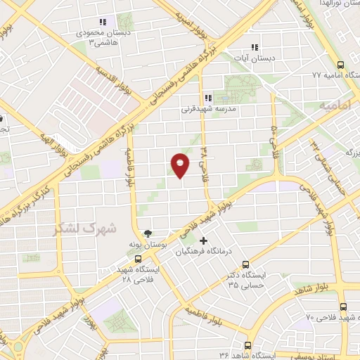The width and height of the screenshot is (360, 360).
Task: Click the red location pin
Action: pos(181,165)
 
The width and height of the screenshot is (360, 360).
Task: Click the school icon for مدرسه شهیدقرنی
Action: pos(207,98)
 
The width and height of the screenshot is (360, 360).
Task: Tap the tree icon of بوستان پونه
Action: pos(147,233)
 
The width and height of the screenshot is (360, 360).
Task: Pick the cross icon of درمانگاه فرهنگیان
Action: pos(204,240)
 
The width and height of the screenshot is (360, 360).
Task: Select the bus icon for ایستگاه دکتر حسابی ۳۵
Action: pos(245,265)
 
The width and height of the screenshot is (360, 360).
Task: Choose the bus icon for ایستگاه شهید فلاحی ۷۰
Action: pos(343,307)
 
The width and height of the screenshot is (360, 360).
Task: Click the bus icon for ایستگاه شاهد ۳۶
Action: pos(247,345)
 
